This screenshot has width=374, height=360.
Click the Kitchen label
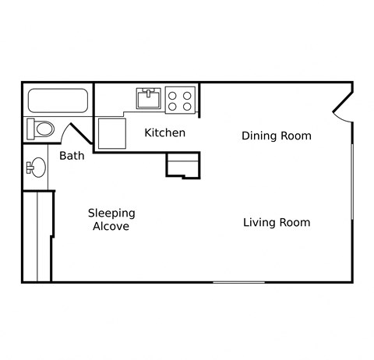[x=165, y=132]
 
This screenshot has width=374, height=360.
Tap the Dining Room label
[x=276, y=136]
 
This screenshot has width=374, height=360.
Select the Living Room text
[x=276, y=222]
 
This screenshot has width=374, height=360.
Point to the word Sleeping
[x=111, y=213]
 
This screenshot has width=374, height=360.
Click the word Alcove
[x=111, y=227]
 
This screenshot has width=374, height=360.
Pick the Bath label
[x=72, y=156]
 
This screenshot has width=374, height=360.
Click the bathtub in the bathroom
[x=58, y=101]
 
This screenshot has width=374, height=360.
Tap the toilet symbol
[x=41, y=128]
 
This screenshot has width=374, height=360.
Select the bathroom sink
[x=36, y=167]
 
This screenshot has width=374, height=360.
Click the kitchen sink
[x=148, y=99]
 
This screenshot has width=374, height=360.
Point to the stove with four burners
[x=180, y=100]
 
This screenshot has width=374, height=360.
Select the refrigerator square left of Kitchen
[x=110, y=132]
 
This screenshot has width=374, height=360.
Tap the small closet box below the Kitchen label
[x=183, y=164]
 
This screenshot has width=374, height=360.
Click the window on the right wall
[x=352, y=179]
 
